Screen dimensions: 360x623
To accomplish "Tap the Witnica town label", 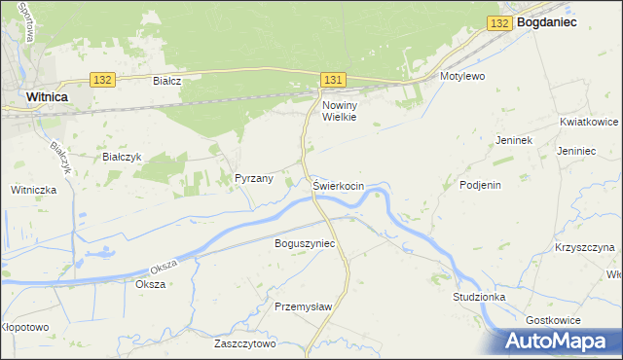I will (x=47, y=97).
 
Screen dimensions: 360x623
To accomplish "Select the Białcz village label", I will (x=168, y=81).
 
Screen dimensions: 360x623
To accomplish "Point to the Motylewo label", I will (x=462, y=75).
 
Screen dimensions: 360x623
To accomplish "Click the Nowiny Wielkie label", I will (x=340, y=110).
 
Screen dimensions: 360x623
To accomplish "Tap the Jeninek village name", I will (x=513, y=140).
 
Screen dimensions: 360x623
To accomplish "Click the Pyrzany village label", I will (x=254, y=178).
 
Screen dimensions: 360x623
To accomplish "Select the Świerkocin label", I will (x=339, y=185).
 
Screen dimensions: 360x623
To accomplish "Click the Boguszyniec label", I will (x=305, y=242).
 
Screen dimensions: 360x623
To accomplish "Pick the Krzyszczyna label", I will (x=585, y=247).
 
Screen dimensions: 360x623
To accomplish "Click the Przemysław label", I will (x=304, y=306).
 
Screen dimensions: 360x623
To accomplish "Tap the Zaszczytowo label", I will (x=245, y=343).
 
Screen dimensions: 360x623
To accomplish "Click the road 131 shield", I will (x=333, y=77).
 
